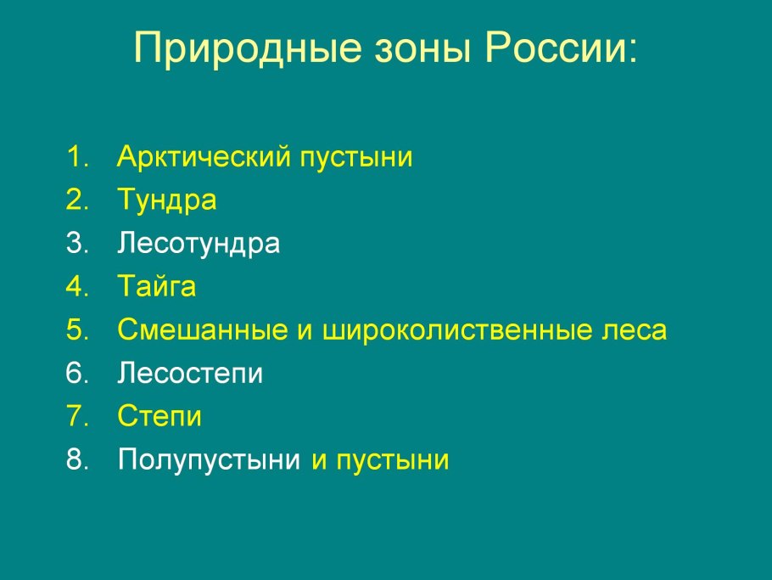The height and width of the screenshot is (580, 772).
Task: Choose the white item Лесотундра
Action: [199, 244]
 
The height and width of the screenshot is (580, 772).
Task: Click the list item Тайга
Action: [157, 286]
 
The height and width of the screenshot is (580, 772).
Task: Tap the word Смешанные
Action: [203, 329]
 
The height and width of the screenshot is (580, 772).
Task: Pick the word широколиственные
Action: [456, 330]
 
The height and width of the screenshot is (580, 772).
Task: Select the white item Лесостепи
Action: [190, 373]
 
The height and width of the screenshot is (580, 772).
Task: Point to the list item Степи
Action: [159, 416]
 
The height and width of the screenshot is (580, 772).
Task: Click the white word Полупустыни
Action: [209, 459]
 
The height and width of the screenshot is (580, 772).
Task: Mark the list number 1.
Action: [77, 157]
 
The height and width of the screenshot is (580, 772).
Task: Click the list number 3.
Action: [77, 243]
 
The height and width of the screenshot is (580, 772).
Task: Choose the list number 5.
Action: [77, 329]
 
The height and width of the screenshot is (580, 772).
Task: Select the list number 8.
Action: [77, 459]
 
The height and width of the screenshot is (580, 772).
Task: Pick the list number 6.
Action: [77, 373]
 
